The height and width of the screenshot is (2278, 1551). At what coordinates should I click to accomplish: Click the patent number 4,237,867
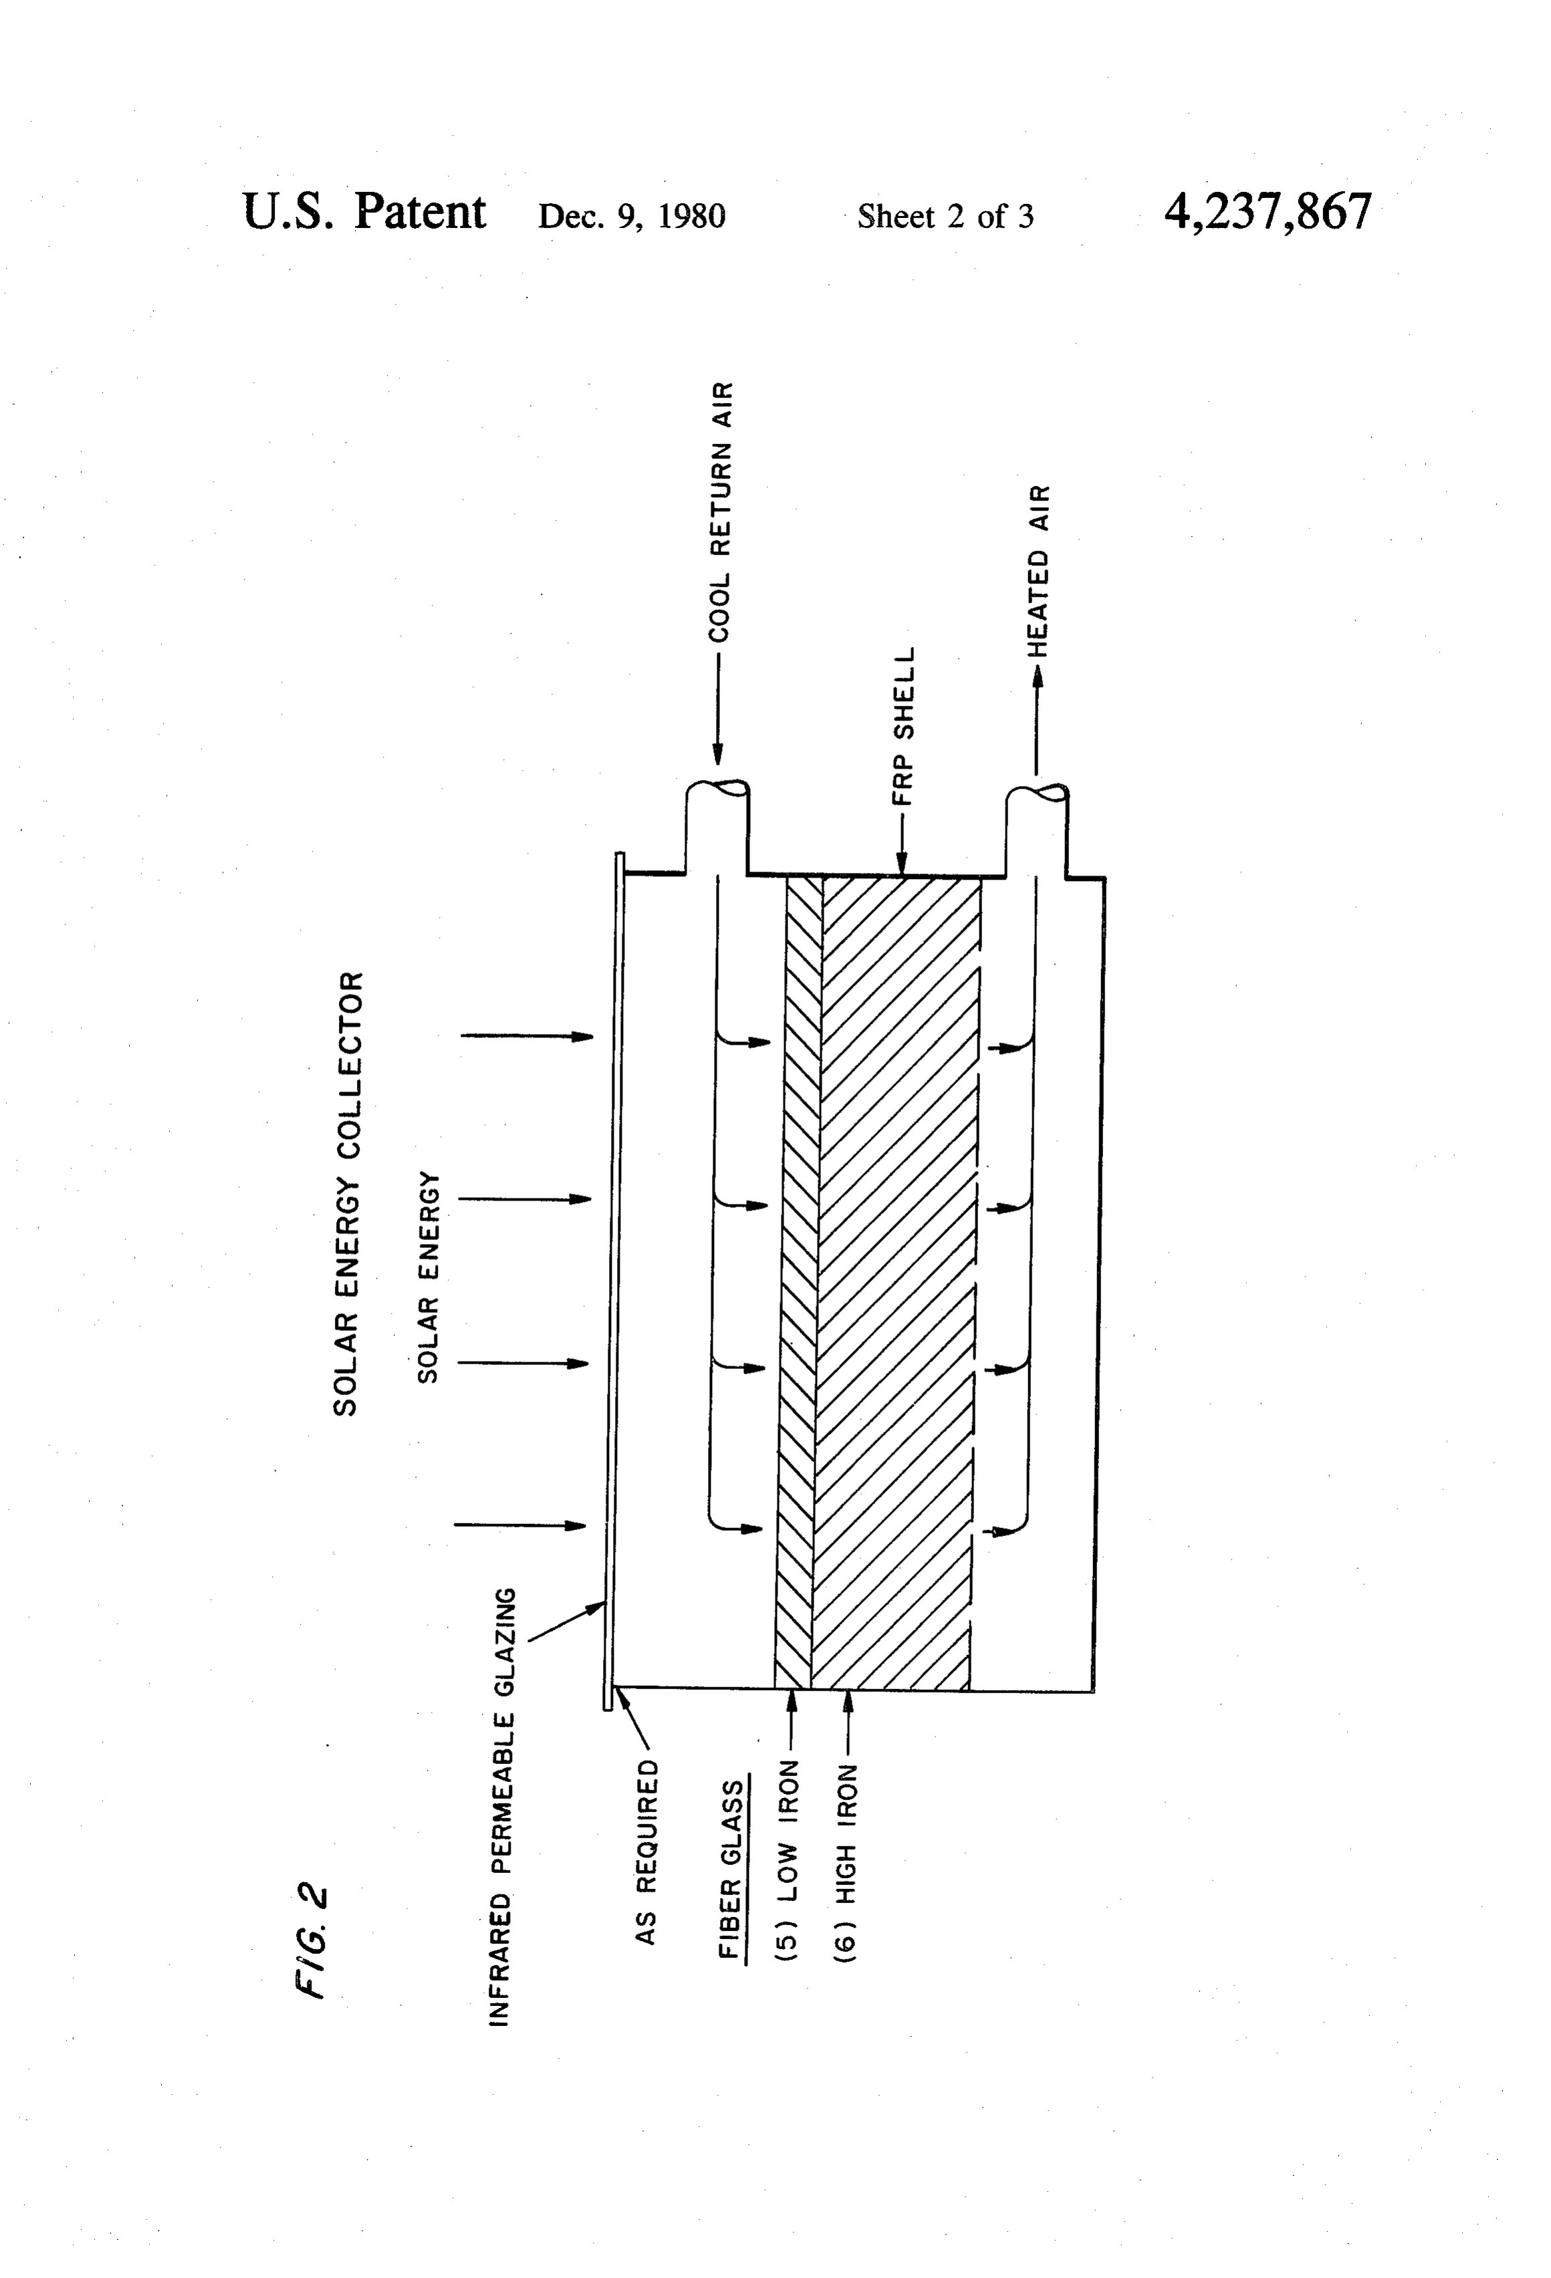[1268, 212]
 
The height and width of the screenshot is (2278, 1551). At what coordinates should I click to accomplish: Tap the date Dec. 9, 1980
[631, 217]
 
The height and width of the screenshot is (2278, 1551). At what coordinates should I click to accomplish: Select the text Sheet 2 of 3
[945, 217]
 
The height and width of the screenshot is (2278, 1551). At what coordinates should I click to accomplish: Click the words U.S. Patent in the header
[364, 212]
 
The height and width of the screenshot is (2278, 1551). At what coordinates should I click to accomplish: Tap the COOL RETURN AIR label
[721, 511]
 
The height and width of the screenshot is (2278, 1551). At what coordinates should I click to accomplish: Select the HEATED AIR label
[1039, 570]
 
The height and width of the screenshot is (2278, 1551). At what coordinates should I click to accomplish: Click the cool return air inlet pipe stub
[717, 828]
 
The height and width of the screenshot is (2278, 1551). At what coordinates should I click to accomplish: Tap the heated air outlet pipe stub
[1038, 830]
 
